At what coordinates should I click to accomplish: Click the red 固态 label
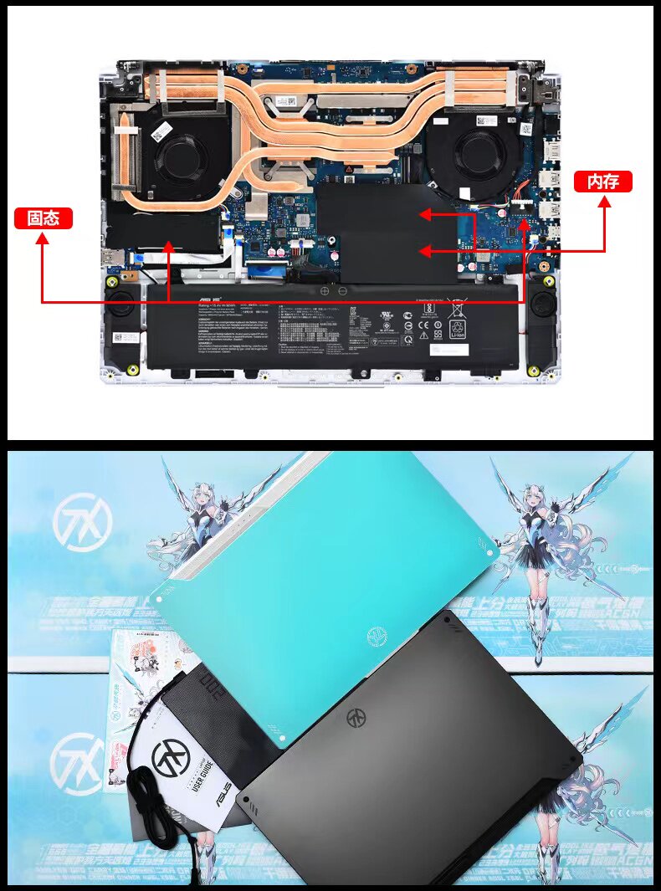coord(44,218)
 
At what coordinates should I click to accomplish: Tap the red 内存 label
coord(602,182)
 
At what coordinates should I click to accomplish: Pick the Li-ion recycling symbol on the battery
coord(456,327)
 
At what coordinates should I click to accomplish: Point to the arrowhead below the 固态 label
coord(43,239)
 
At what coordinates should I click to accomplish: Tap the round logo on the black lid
coord(357,719)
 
